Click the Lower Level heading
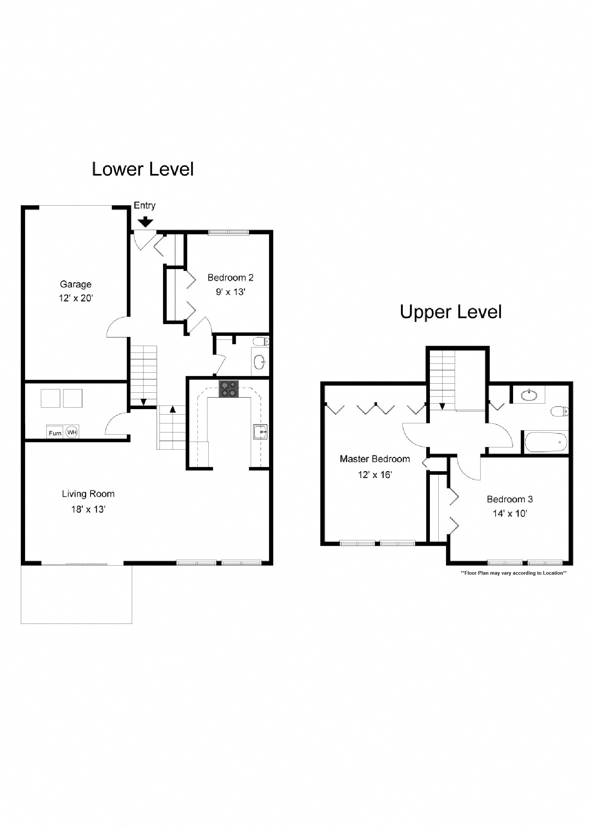[x=142, y=169]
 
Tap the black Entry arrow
[x=146, y=221]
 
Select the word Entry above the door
[x=145, y=206]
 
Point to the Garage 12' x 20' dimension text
[x=76, y=298]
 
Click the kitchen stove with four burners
[x=228, y=388]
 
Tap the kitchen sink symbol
[x=261, y=432]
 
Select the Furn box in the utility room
[x=55, y=433]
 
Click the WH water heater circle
[x=72, y=432]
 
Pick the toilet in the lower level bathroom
[x=261, y=342]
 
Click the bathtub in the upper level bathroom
[x=546, y=442]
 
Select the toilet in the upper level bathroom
[x=559, y=412]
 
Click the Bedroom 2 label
[x=230, y=277]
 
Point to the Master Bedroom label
[x=375, y=459]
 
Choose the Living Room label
[x=88, y=494]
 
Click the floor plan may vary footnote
[x=513, y=573]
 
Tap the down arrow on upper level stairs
[x=442, y=406]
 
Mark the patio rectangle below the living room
[x=76, y=594]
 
